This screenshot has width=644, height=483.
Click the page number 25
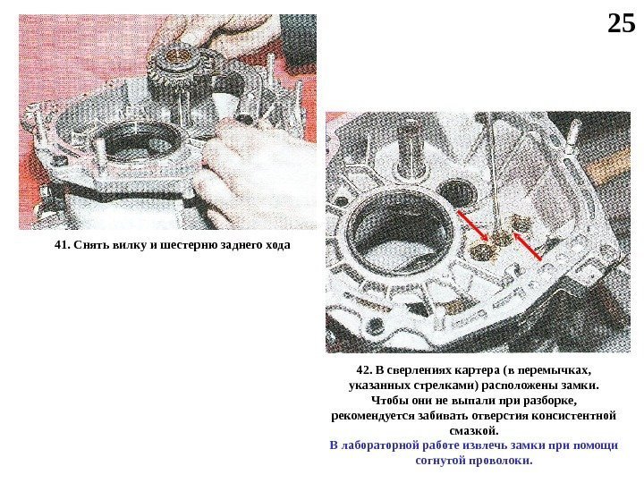point(621,23)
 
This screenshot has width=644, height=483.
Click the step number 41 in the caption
point(62,245)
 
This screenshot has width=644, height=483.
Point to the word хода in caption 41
point(277,245)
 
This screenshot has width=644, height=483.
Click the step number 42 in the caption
point(364,370)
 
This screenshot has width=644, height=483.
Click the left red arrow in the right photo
point(473,226)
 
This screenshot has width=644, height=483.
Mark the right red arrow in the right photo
point(527,247)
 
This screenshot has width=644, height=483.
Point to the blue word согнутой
point(442,461)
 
